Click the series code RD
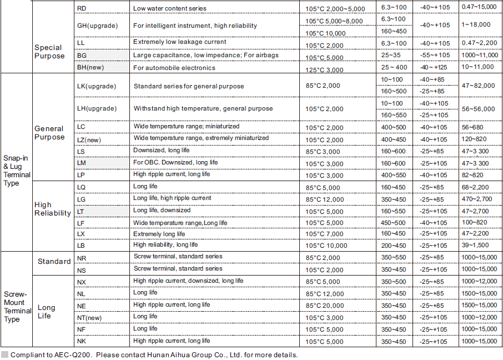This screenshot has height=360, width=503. point(82,8)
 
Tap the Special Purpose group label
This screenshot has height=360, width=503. point(49,52)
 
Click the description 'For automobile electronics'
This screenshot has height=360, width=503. point(174,68)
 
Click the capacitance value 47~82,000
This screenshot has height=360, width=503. point(479,87)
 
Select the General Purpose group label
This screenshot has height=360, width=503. point(49,133)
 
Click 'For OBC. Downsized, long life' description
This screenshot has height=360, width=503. point(175,162)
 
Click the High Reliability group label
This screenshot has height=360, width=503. point(53,209)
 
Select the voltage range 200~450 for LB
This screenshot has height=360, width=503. point(394,246)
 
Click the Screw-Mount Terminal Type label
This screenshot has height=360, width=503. point(17,307)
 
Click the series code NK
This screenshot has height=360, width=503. point(82,341)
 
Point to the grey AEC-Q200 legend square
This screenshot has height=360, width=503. point(5,354)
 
